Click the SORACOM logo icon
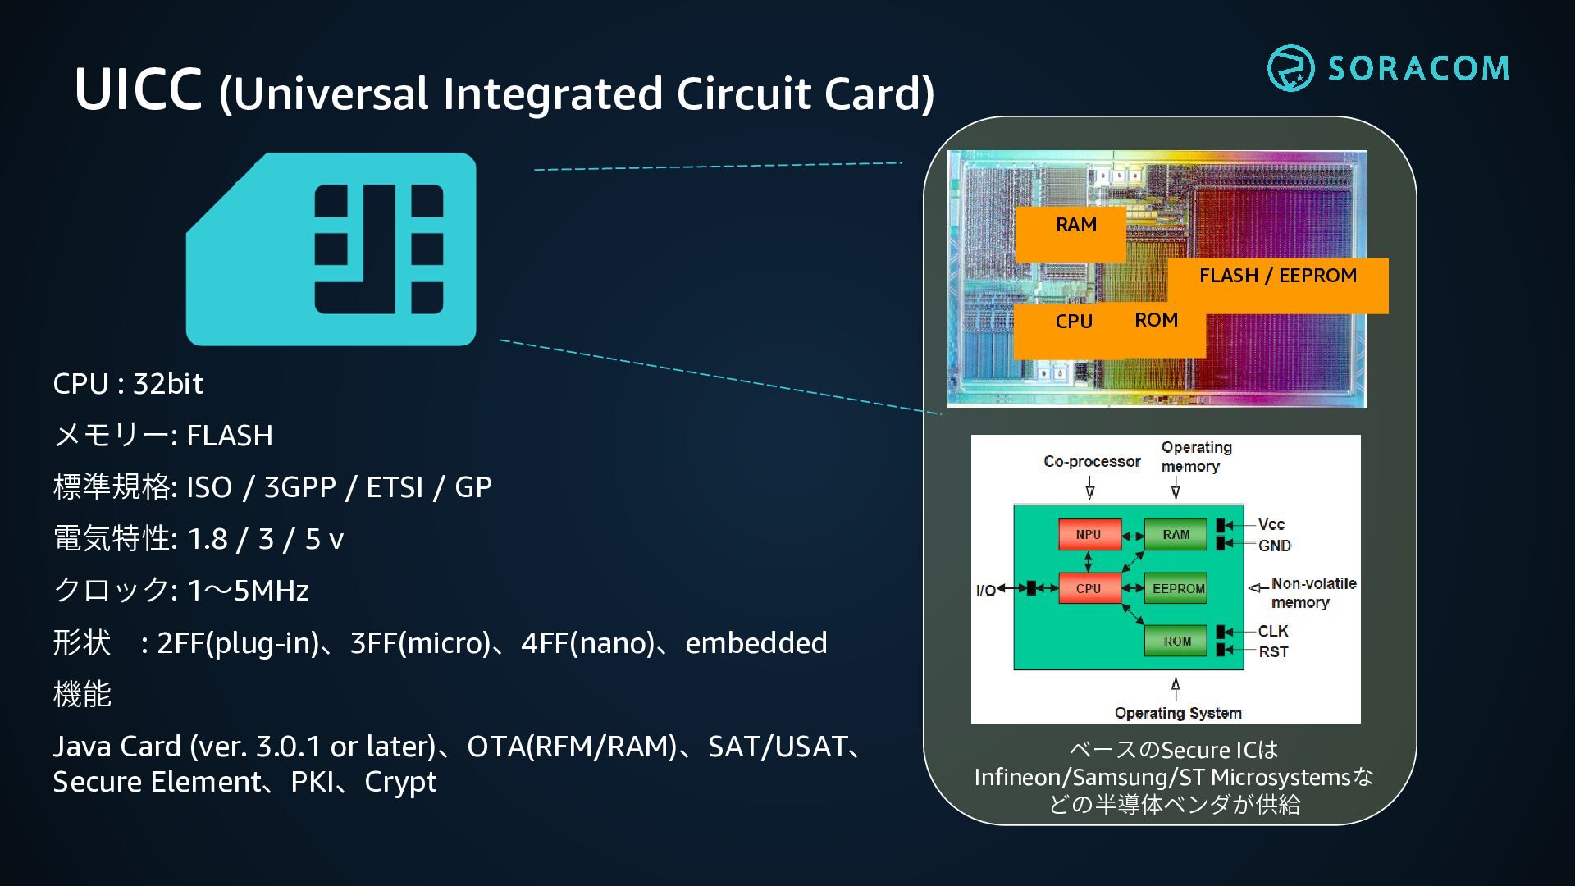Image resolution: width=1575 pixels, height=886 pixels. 1290,68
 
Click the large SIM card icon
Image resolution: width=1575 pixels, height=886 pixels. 331,249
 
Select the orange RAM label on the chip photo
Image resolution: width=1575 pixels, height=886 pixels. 1071,234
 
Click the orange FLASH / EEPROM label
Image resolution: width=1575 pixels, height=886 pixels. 1278,285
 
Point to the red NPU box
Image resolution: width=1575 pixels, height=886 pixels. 1089,534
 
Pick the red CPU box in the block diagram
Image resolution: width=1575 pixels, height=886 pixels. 1089,588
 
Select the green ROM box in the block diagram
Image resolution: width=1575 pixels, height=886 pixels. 1176,641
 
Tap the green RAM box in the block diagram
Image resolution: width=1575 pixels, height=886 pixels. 1176,534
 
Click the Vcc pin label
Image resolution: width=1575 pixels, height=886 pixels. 1271,524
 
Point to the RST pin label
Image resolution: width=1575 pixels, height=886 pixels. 1273,651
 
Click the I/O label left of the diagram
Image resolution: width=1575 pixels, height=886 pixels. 985,590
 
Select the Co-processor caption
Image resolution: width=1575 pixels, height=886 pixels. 1092,461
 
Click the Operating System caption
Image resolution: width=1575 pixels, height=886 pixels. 1178,713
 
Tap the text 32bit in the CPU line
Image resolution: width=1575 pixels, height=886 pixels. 168,383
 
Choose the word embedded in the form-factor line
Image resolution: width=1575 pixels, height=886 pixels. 756,642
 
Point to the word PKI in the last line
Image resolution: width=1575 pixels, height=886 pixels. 313,782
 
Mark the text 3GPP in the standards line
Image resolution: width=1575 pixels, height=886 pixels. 300,487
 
